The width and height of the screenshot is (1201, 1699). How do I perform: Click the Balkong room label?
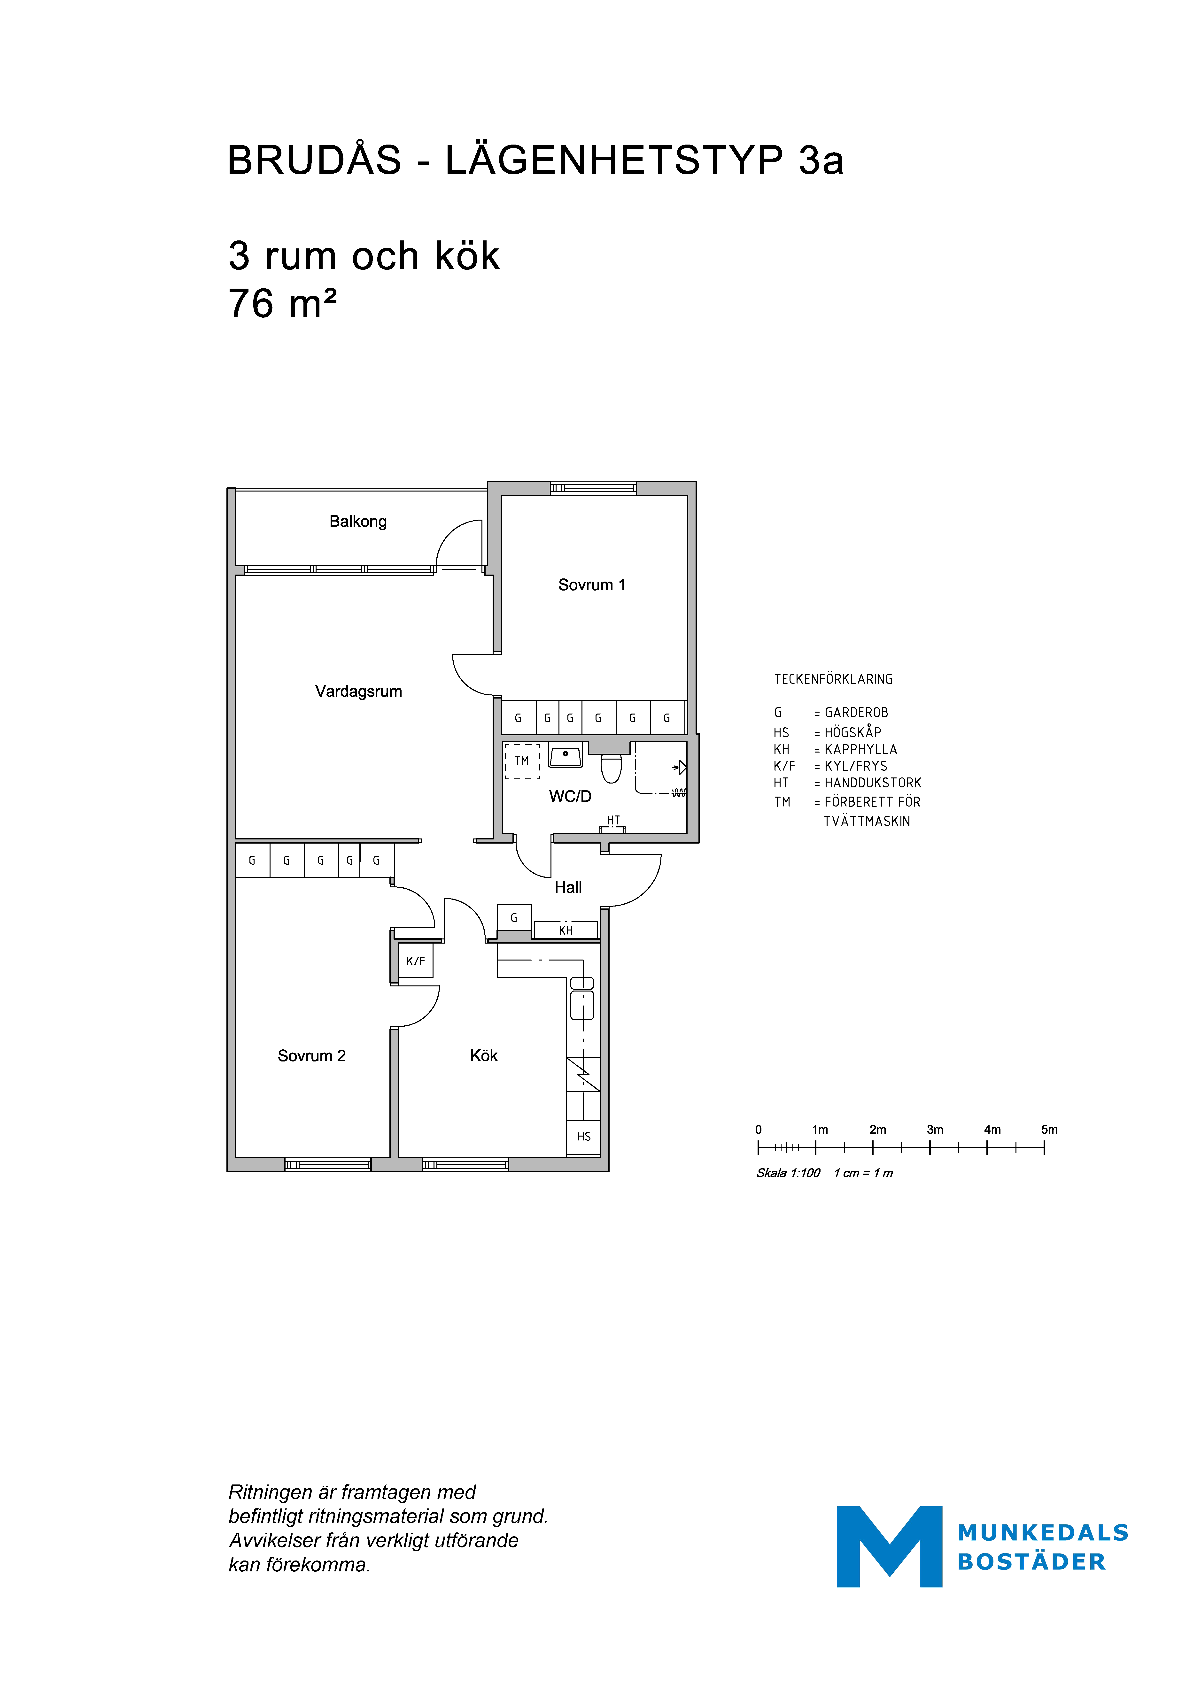(x=358, y=522)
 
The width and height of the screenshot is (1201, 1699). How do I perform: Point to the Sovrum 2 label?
(x=311, y=1056)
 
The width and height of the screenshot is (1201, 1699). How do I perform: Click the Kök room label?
(x=484, y=1056)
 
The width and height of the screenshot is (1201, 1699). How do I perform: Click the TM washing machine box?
(x=522, y=761)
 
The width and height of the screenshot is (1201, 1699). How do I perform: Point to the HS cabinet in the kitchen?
(x=584, y=1137)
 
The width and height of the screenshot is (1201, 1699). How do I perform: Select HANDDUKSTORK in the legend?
(x=873, y=783)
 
